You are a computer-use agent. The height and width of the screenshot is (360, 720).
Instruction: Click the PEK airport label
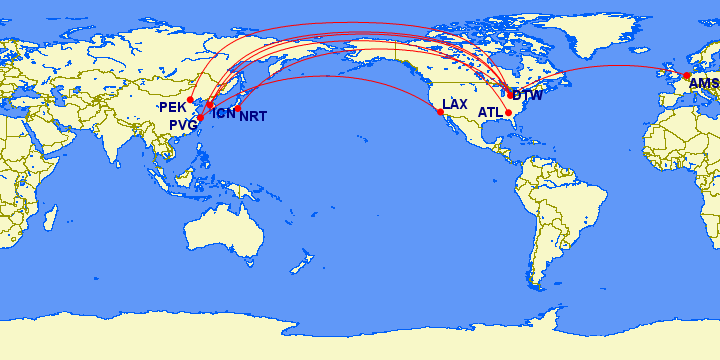click(x=171, y=106)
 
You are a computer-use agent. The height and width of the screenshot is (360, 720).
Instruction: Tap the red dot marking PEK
click(x=191, y=100)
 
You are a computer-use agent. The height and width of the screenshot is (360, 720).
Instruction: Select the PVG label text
click(x=183, y=124)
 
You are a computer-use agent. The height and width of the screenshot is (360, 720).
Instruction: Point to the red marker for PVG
click(x=201, y=118)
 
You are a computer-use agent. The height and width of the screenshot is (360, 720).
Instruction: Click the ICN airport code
click(x=224, y=114)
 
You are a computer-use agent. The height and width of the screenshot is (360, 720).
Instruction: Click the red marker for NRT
click(x=239, y=108)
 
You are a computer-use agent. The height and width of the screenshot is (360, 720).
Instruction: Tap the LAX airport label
click(x=455, y=104)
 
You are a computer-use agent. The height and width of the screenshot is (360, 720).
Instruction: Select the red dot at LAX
click(x=441, y=113)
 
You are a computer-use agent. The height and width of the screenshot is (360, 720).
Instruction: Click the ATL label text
click(x=490, y=113)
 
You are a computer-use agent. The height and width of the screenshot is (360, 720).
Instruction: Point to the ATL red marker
click(x=509, y=113)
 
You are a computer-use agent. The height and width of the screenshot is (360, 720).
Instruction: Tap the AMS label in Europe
click(x=704, y=84)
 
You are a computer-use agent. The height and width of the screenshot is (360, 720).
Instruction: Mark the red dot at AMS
click(x=687, y=76)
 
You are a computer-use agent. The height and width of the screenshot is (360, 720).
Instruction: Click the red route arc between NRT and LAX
click(x=340, y=77)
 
